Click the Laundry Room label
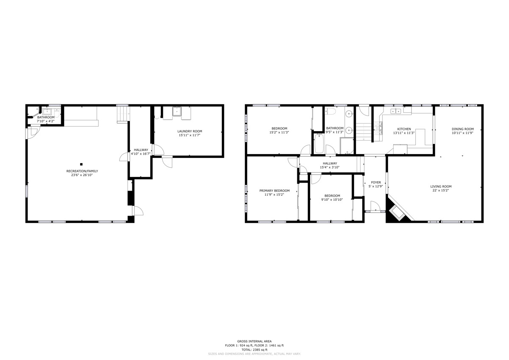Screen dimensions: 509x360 [x=190, y=131]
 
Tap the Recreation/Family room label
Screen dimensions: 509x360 [x=82, y=171]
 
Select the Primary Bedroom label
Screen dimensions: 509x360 [x=274, y=191]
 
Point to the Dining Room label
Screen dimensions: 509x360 [x=463, y=129]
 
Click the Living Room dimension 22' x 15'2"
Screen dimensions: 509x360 [x=441, y=190]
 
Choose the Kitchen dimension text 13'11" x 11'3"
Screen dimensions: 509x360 [x=404, y=133]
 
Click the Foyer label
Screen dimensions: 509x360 [x=376, y=183]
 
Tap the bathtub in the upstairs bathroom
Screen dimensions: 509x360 [x=319, y=143]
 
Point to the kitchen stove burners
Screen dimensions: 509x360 [x=378, y=128]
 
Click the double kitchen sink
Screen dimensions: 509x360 [x=396, y=111]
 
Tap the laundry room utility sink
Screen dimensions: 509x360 [x=176, y=111]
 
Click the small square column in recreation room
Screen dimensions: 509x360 [x=81, y=164]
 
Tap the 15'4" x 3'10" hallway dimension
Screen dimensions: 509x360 [x=330, y=167]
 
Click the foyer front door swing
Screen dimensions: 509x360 [x=375, y=206]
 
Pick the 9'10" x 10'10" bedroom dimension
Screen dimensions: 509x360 [x=332, y=200]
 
